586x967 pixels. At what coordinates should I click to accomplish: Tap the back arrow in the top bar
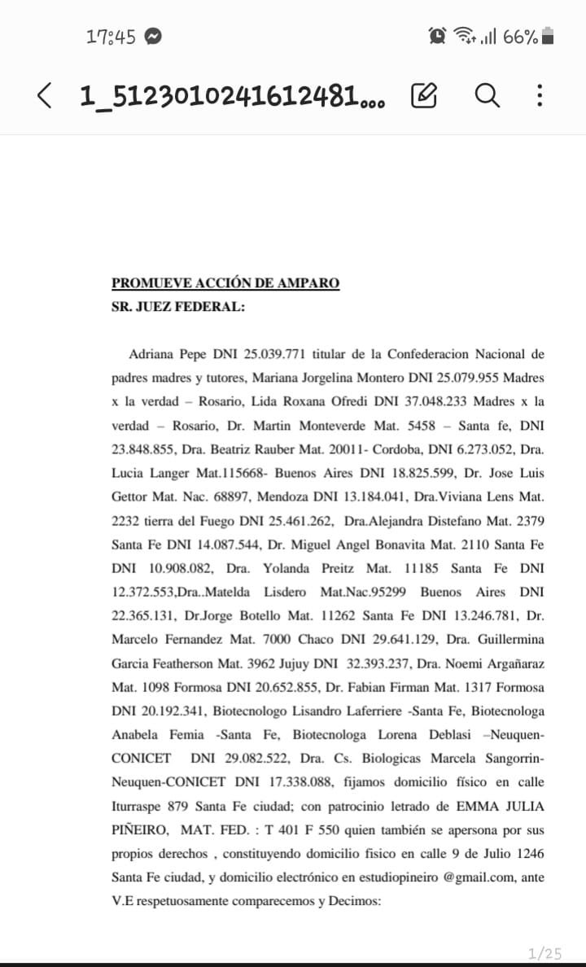click(x=45, y=97)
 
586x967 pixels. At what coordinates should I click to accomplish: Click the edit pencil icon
click(x=424, y=97)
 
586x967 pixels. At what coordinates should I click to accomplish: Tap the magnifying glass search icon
click(x=486, y=97)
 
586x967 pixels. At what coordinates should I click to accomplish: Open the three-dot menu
click(x=539, y=97)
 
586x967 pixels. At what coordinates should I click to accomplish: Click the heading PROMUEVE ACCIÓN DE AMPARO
click(x=225, y=283)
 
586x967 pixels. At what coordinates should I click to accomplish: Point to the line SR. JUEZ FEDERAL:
click(x=177, y=308)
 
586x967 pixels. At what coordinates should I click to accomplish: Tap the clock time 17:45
click(x=111, y=37)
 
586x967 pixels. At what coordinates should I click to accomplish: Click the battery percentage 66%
click(x=520, y=37)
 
